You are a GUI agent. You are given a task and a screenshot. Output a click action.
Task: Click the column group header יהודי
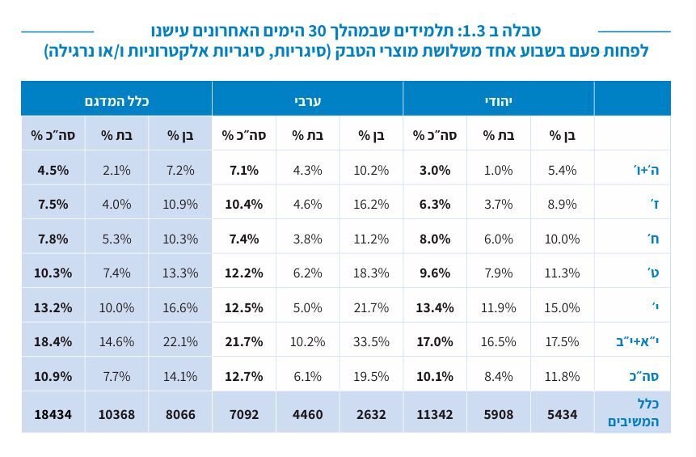coord(498,100)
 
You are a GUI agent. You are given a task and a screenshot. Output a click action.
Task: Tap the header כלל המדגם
coord(116,100)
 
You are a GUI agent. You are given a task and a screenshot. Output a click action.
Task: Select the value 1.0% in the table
coord(498,170)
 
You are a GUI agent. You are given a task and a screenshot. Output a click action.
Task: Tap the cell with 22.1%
coord(179,341)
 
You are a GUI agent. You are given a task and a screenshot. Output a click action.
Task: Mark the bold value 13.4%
coord(434,307)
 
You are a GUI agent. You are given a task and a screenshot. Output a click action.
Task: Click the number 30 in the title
coord(318,32)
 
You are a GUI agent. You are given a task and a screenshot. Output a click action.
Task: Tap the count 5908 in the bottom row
coord(498,414)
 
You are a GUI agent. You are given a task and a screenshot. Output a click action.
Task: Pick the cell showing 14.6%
coord(116,341)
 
